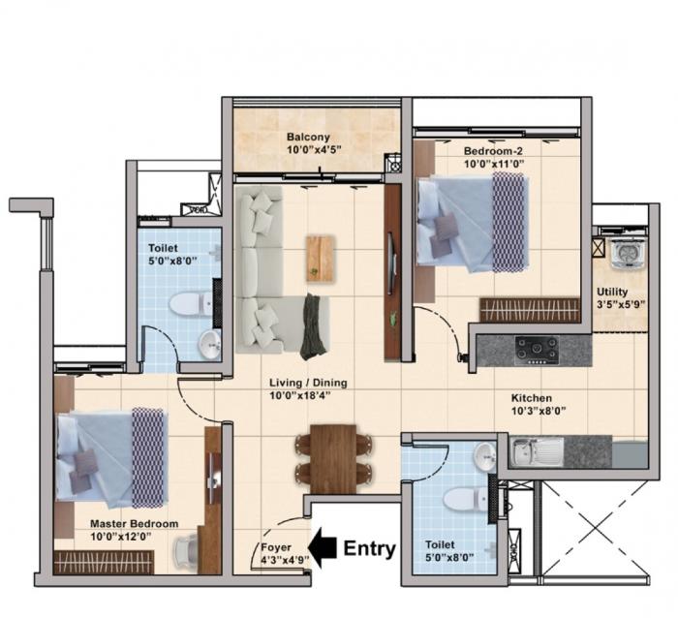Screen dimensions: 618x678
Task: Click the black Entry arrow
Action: point(323,548)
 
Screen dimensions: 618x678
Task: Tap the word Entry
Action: point(370,549)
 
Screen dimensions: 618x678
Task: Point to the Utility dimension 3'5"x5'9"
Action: point(619,303)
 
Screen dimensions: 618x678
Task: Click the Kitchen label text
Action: point(532,398)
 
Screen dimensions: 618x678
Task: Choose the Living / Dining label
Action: point(308,383)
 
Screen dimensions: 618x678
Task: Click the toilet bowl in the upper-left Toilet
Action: point(187,305)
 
